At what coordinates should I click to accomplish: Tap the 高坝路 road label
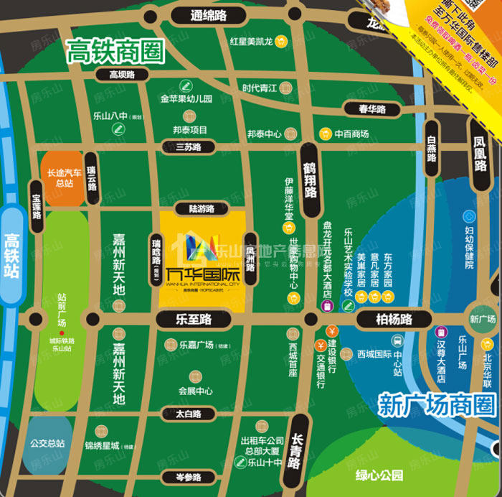(x=122, y=74)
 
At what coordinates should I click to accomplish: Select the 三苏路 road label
(x=189, y=147)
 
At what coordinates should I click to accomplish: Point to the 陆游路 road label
(x=202, y=209)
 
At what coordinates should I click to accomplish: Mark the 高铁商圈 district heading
(x=115, y=50)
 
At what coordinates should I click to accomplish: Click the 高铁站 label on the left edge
(x=12, y=255)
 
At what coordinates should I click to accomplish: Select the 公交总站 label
(x=47, y=443)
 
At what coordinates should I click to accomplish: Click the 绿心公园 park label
(x=379, y=475)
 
